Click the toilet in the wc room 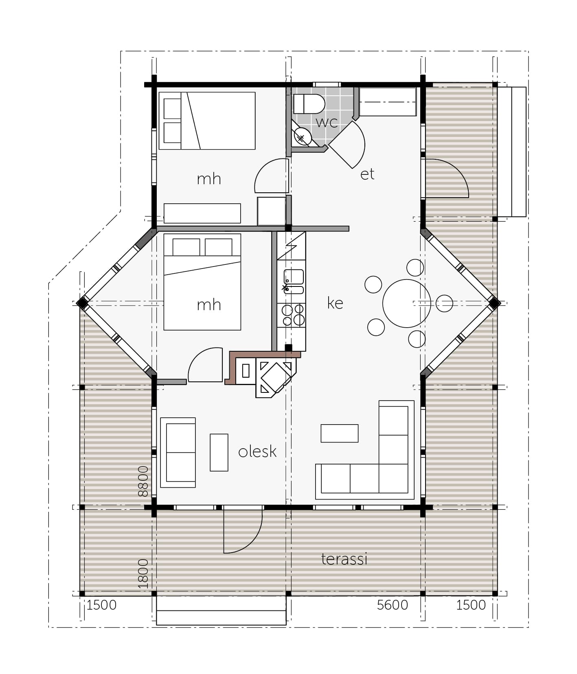click(309, 104)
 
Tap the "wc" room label click(327, 122)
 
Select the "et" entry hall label click(367, 174)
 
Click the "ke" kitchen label click(335, 303)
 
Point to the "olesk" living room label click(257, 451)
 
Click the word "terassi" click(344, 559)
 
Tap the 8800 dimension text click(143, 481)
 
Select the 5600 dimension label click(392, 605)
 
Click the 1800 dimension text click(143, 573)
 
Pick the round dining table click(406, 303)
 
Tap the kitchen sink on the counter click(294, 282)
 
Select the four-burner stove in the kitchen click(293, 315)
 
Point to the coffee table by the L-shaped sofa click(340, 433)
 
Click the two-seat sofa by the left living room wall click(178, 452)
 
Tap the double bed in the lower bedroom click(202, 282)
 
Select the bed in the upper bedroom click(207, 121)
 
